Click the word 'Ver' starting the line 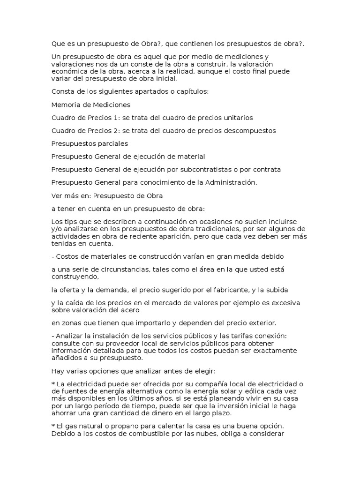pyautogui.click(x=57, y=195)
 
